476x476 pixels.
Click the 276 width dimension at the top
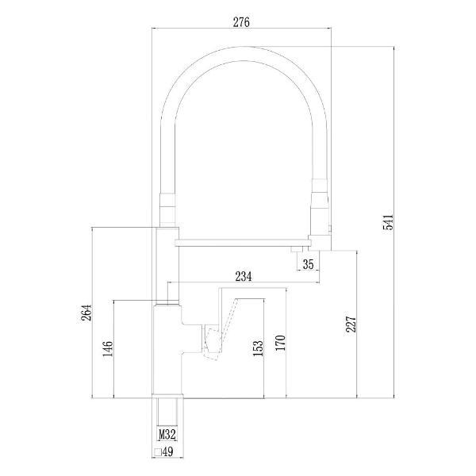241,22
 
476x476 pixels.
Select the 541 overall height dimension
388,222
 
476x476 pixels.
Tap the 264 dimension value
86,313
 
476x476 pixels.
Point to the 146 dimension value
108,349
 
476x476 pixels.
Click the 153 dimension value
258,348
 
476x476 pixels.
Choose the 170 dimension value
281,343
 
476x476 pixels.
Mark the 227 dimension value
351,324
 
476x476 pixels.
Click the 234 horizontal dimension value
244,276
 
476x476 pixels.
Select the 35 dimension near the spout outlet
308,264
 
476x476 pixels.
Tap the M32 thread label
167,435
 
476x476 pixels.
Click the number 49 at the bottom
168,452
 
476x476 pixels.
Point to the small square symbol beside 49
158,452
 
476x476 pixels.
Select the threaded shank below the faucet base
167,412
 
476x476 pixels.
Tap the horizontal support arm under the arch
244,243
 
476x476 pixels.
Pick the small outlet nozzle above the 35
297,249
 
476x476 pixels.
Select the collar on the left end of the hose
167,209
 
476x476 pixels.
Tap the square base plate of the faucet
167,396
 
